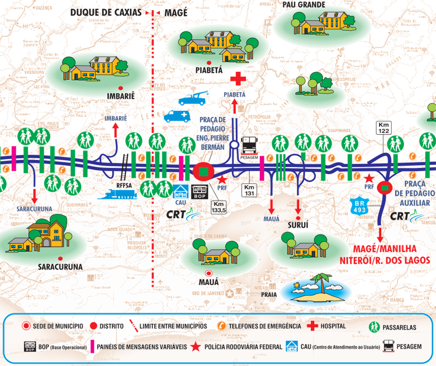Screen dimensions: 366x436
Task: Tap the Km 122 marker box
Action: click(384, 128)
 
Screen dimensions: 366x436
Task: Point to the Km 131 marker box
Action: click(249, 190)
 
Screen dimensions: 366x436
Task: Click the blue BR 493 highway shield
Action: click(359, 206)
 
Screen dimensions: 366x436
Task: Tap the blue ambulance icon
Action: click(177, 116)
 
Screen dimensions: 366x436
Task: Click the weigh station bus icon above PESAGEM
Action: click(249, 144)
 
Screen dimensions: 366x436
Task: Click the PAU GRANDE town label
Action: click(304, 5)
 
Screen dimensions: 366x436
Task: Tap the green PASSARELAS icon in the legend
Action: click(374, 326)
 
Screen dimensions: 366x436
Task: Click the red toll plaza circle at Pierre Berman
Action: click(203, 171)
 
